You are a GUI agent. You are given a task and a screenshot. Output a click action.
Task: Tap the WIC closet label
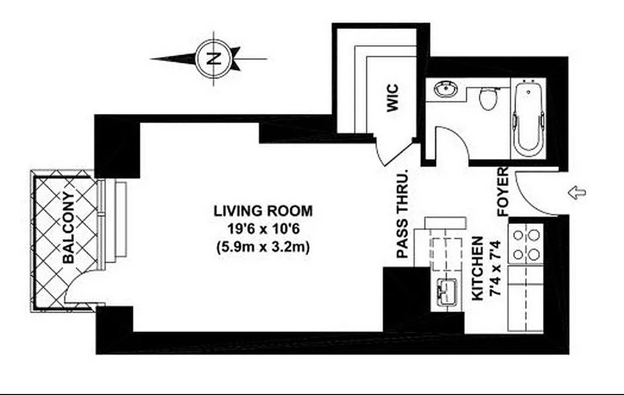coord(392,98)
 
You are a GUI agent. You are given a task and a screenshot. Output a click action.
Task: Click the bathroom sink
coord(446,90)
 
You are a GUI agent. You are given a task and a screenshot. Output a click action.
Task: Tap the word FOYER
coord(503,192)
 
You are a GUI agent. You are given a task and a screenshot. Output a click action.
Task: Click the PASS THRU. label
coord(403,214)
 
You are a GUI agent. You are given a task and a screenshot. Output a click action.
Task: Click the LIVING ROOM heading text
coord(263,211)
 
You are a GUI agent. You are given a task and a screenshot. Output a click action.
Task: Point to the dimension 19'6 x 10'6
coord(263,230)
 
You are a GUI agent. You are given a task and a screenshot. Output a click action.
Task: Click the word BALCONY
coord(69,228)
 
